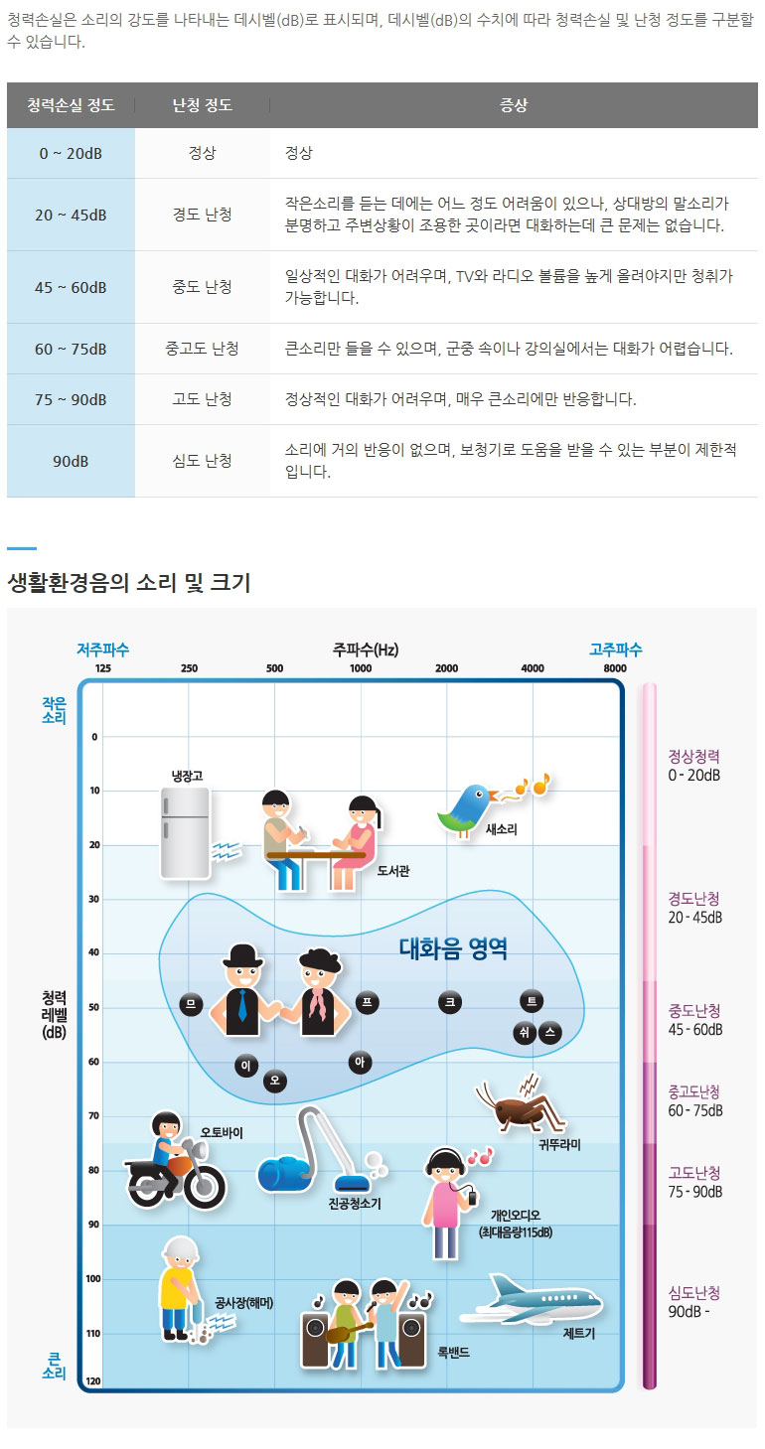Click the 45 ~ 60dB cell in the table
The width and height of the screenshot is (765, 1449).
(71, 287)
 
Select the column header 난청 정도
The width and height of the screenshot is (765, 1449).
(202, 105)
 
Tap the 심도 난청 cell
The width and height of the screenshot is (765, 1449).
(202, 461)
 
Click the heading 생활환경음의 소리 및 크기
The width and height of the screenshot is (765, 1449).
(129, 583)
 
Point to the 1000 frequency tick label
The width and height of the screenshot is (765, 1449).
(361, 668)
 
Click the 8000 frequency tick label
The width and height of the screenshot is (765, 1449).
(615, 668)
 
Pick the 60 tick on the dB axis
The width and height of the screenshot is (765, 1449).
(94, 1062)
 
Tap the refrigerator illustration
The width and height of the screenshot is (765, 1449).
(185, 831)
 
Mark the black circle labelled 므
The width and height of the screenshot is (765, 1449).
(191, 1004)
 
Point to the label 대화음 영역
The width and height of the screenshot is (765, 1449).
(453, 949)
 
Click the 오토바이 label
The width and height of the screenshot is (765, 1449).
(222, 1132)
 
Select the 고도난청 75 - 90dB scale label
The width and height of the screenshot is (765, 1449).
(694, 1182)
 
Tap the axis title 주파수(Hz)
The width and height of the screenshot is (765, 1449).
(366, 651)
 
